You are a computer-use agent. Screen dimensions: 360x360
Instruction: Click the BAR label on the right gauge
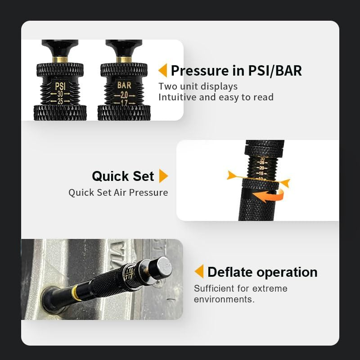pos(124,85)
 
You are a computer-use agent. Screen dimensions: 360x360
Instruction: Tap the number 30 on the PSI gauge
pos(60,94)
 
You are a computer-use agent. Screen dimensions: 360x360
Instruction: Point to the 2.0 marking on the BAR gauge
pos(124,95)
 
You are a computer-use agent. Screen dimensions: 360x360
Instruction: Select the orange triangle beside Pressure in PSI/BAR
pos(163,71)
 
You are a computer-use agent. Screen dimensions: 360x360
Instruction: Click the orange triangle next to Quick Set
pos(164,176)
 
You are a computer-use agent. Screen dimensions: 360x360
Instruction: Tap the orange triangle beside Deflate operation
pos(199,272)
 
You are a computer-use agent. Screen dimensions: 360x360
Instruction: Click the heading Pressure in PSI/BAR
pos(236,71)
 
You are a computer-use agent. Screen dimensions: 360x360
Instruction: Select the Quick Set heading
pos(123,176)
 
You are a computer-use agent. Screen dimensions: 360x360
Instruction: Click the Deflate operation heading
pos(262,272)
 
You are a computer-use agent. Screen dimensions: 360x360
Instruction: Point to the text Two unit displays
pos(198,86)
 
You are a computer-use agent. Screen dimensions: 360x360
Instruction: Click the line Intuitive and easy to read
pos(216,97)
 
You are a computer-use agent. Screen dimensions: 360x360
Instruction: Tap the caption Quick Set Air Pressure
pos(118,193)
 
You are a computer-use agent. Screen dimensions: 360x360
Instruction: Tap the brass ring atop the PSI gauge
pos(60,59)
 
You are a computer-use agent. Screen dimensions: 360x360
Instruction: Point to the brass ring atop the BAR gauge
pos(124,59)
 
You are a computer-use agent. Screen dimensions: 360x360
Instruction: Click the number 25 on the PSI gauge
pos(60,101)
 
